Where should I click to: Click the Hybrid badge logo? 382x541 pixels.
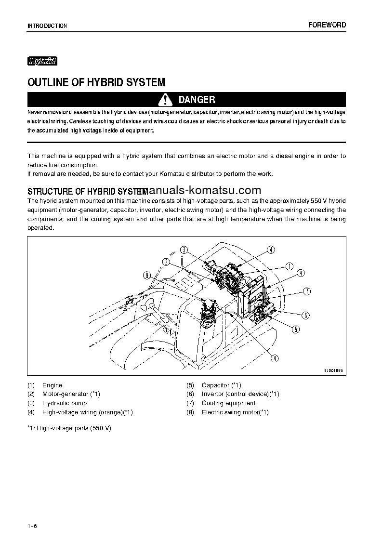(x=42, y=61)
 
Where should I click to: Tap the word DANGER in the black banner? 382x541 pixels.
(x=197, y=100)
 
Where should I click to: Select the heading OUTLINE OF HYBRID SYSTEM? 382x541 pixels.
(x=96, y=82)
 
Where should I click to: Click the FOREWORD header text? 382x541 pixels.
(x=327, y=25)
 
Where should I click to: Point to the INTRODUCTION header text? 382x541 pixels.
(x=47, y=26)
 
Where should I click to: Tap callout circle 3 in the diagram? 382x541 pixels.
(x=184, y=250)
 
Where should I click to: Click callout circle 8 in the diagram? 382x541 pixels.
(x=147, y=276)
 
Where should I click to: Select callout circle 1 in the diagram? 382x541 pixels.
(x=290, y=266)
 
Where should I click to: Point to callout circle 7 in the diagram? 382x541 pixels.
(x=307, y=291)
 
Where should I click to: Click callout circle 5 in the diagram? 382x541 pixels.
(x=296, y=330)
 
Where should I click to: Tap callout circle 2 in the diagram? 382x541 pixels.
(x=166, y=262)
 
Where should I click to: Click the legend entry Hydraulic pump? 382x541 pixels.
(x=65, y=403)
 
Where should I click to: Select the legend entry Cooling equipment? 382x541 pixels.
(x=228, y=403)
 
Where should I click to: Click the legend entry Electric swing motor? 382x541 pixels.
(x=235, y=412)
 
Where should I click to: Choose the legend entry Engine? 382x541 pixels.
(x=52, y=385)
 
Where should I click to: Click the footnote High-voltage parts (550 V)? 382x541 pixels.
(x=69, y=428)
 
